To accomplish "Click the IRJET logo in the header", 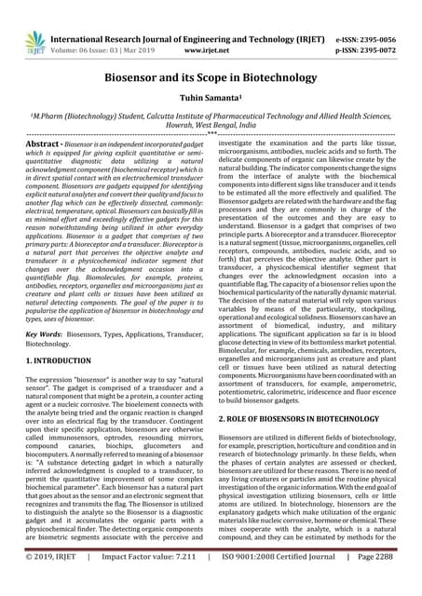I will click(25, 21).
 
